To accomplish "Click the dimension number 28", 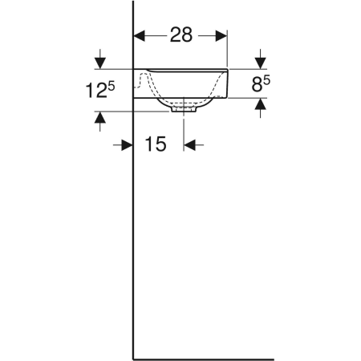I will pos(180,35).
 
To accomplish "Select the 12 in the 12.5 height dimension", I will pos(93,90).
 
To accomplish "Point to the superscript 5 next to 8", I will pos(266,79).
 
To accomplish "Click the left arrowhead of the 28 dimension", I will pos(139,35).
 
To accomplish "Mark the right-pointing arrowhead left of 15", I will pos(127,144).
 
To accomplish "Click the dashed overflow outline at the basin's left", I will pos(143,80).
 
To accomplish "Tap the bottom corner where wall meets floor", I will pos(133,359).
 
